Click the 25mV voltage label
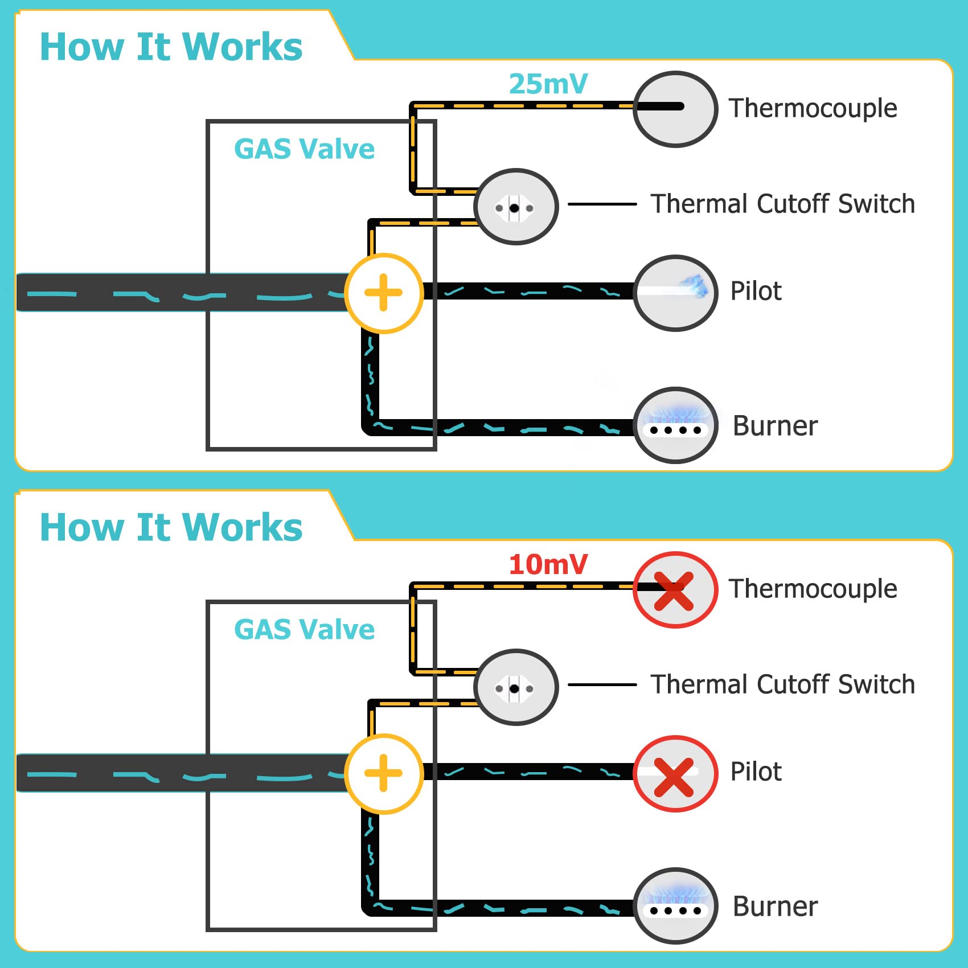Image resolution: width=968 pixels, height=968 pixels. coord(548,84)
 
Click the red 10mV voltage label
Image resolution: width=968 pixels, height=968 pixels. coord(548,565)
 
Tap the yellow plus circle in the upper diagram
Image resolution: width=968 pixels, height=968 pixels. coord(384,293)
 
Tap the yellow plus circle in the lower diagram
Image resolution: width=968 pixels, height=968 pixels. coord(384,773)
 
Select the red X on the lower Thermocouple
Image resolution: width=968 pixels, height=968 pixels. coord(674,590)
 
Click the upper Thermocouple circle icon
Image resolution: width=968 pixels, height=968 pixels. coord(675,109)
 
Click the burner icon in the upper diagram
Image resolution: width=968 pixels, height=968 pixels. coord(675,425)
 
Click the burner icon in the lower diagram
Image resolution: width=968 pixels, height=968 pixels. coord(675,906)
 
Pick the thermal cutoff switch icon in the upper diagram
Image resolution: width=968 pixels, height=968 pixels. coord(516,207)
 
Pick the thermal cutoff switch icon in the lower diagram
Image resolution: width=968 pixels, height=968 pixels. coord(516,687)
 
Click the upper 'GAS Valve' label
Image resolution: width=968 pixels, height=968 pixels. coord(304,149)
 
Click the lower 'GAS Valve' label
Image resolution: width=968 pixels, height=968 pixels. coord(304,630)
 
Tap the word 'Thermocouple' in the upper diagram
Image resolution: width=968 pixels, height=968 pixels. coord(813,108)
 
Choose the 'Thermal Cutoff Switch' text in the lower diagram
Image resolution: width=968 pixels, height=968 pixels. coord(782,684)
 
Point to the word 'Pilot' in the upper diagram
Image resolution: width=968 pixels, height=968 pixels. coord(756,292)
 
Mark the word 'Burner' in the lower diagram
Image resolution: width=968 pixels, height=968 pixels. coord(775,907)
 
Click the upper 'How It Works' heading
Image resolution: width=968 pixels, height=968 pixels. coord(171,47)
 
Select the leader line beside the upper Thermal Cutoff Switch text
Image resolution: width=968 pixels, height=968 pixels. coord(602,204)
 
